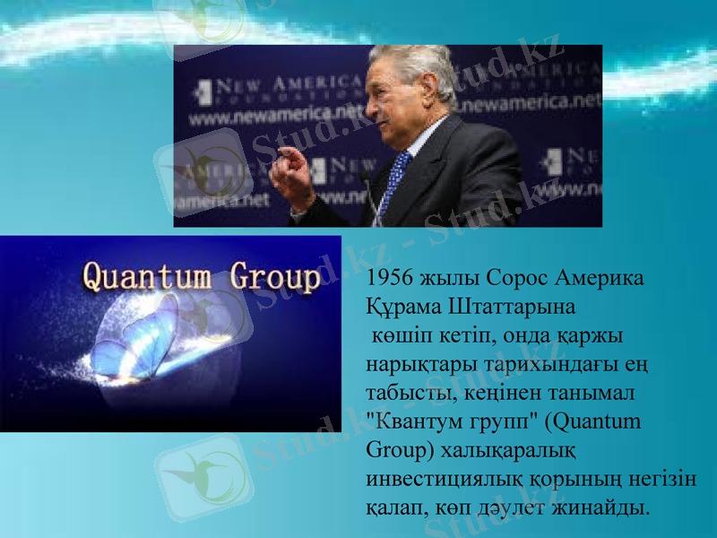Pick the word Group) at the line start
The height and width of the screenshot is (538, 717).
click(398, 449)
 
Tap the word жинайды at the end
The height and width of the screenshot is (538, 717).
click(609, 507)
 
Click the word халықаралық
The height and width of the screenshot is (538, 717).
click(511, 449)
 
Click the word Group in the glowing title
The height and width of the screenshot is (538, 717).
click(274, 278)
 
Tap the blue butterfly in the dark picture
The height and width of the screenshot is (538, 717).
click(143, 341)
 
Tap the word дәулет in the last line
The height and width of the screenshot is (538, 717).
click(529, 507)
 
